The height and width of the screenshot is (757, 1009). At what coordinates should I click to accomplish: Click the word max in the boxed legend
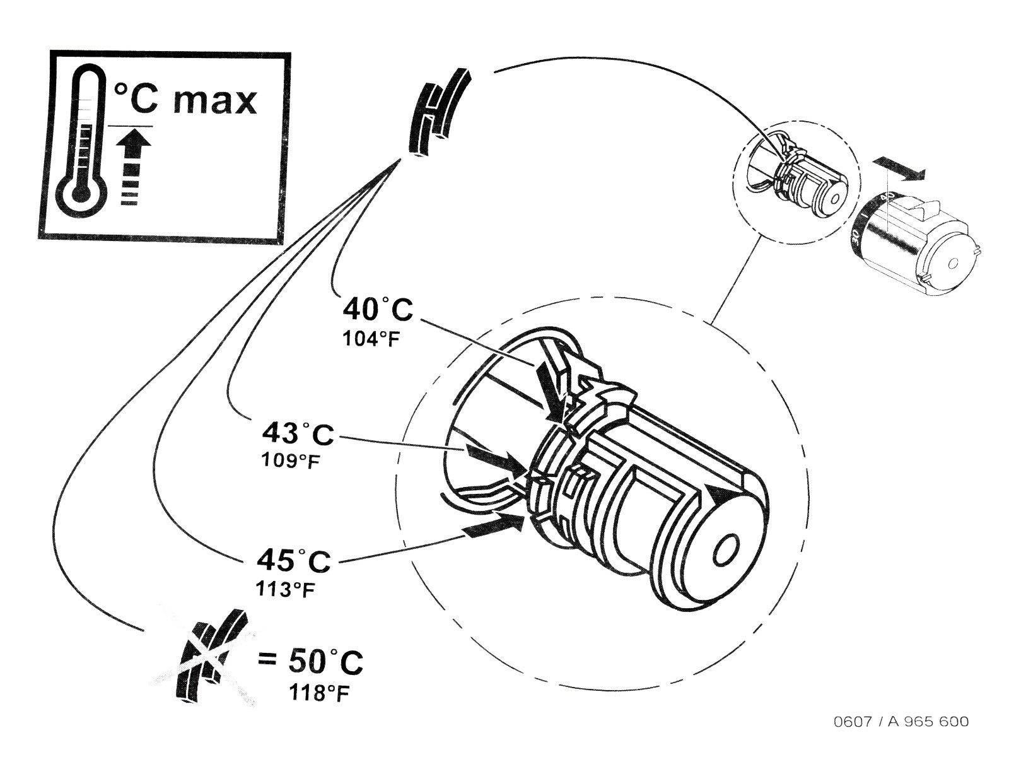point(214,102)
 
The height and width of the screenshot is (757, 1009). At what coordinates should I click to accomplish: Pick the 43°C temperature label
point(298,433)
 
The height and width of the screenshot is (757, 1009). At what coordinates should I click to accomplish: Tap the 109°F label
point(290,460)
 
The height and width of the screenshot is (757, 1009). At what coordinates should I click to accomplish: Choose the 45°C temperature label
point(293,561)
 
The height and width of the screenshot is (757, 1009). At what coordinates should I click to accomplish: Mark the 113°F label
point(286,589)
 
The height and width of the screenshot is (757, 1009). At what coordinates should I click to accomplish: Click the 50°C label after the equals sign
point(325,662)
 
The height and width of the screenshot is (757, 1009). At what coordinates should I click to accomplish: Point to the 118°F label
point(318,693)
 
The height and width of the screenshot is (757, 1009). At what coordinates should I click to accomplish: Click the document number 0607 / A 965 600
point(901,721)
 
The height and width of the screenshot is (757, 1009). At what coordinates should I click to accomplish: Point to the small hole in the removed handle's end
point(952,263)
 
